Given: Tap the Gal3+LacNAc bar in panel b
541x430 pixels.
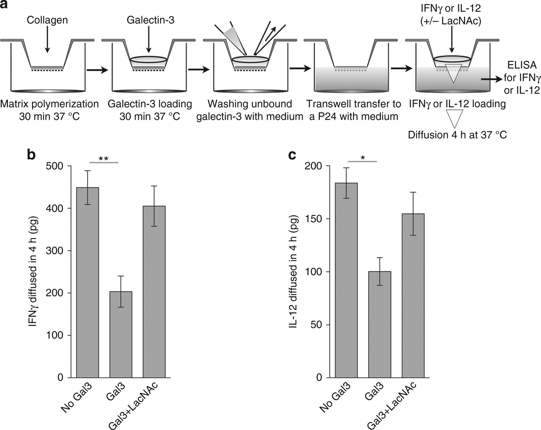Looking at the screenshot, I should (x=154, y=292).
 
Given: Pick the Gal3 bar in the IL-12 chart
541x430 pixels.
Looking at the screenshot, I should (x=380, y=324).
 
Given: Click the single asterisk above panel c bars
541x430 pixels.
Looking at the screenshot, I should (x=362, y=157).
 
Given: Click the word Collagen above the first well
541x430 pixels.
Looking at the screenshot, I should (x=47, y=20).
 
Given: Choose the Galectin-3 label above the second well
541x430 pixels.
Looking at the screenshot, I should (x=150, y=20).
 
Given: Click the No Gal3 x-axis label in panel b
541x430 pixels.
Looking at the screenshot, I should (x=76, y=398).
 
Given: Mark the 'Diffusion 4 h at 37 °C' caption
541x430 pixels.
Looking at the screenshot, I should (x=457, y=135).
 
